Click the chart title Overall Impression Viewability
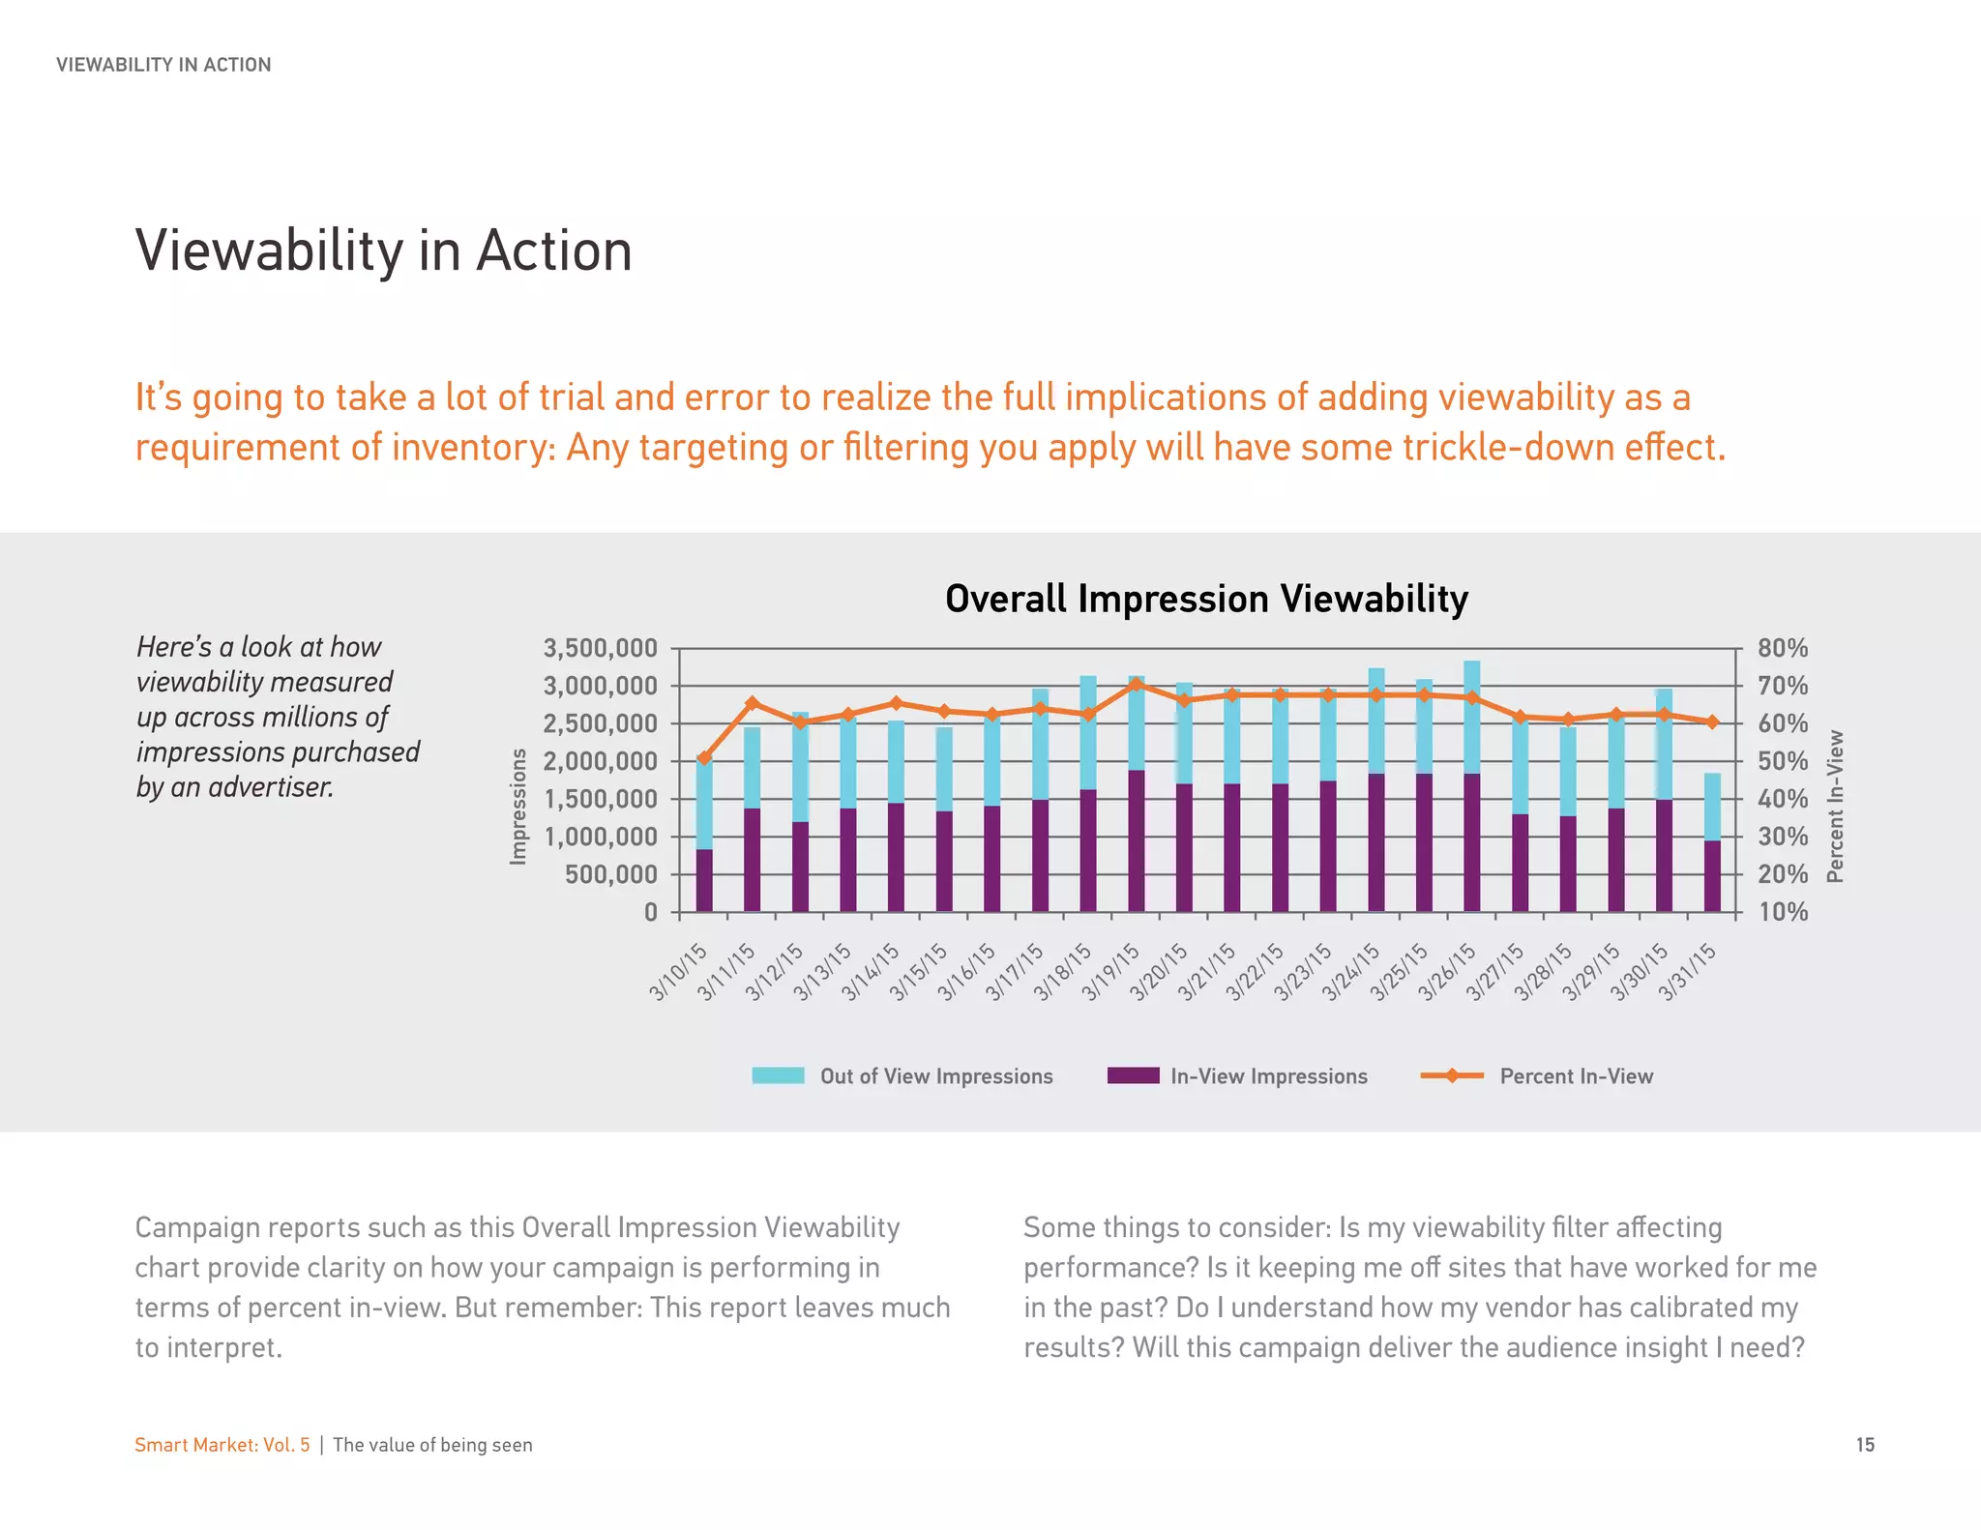click(1206, 599)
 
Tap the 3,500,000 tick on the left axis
click(600, 648)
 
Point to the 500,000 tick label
click(609, 874)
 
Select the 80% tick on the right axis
click(1782, 648)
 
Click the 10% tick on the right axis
click(1782, 912)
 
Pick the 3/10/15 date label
click(678, 971)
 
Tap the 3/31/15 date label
click(1687, 971)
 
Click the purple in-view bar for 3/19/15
click(1137, 841)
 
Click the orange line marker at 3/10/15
click(704, 758)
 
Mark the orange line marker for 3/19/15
click(1137, 685)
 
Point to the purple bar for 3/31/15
click(1712, 876)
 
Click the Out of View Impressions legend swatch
click(778, 1075)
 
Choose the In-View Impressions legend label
click(1268, 1076)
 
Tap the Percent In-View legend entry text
click(1576, 1076)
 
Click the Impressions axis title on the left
click(518, 806)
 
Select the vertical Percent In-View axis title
click(1835, 806)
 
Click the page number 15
click(1865, 1445)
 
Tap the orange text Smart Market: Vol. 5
click(222, 1445)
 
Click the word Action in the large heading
click(553, 251)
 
